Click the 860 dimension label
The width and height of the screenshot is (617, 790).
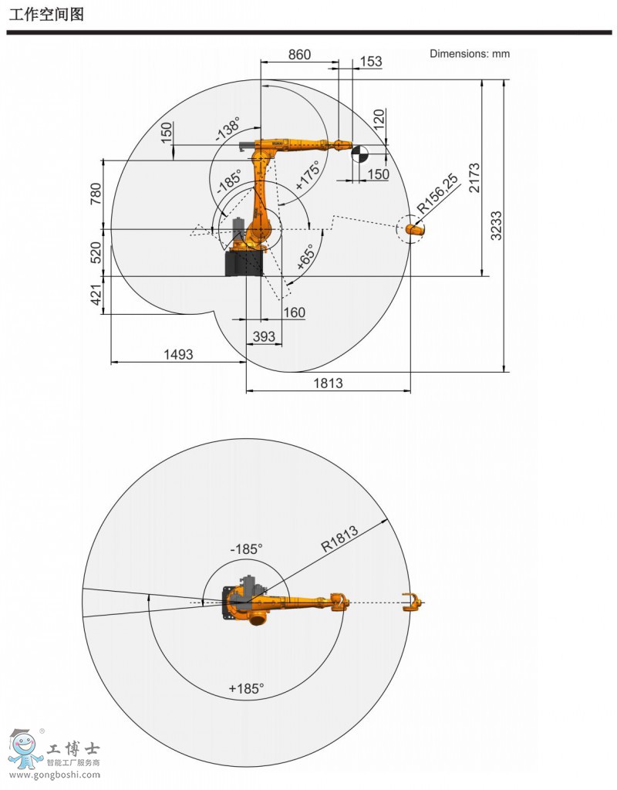pos(299,55)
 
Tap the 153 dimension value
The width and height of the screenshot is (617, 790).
pos(371,62)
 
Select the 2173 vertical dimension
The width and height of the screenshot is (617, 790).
pos(474,177)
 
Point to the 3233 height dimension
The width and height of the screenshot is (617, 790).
pos(496,226)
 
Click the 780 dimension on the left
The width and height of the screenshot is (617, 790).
pos(96,194)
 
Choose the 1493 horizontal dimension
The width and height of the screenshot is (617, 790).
pos(178,354)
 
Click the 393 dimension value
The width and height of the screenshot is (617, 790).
pos(264,336)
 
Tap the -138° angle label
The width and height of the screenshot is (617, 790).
pos(228,129)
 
